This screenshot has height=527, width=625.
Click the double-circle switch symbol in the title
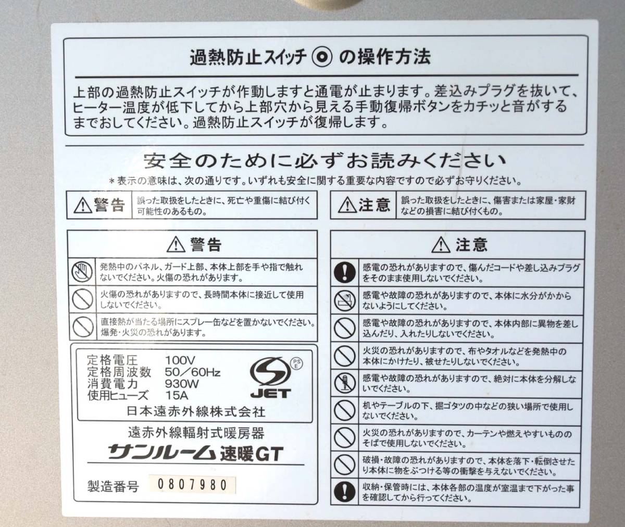click(x=322, y=57)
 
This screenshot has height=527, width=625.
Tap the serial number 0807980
click(x=192, y=484)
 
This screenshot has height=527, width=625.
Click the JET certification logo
click(x=271, y=378)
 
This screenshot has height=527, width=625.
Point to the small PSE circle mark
click(x=297, y=363)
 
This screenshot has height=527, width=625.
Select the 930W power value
click(x=182, y=384)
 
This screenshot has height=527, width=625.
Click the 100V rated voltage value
click(x=180, y=360)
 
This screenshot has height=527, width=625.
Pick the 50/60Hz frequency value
click(x=193, y=372)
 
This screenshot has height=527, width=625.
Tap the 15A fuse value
click(x=177, y=396)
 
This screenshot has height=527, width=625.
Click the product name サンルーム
click(x=161, y=452)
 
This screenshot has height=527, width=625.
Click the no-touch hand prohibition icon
click(x=82, y=272)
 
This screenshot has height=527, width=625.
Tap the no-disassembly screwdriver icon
click(x=344, y=384)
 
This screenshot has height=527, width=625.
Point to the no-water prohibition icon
click(x=344, y=301)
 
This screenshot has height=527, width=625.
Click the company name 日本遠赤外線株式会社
click(x=196, y=412)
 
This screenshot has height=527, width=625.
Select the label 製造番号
click(x=113, y=486)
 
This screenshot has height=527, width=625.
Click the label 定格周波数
click(x=119, y=372)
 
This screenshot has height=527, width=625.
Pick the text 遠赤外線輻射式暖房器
click(x=196, y=433)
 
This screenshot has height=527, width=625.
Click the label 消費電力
click(x=113, y=384)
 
